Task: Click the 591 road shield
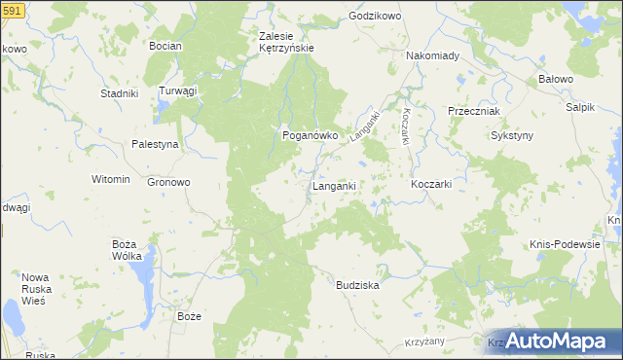click(x=11, y=10)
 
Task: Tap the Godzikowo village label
click(x=376, y=18)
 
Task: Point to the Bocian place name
click(x=162, y=46)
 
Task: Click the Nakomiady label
click(x=432, y=55)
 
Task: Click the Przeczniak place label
click(x=473, y=111)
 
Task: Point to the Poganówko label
click(x=310, y=136)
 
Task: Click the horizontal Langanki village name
click(x=338, y=185)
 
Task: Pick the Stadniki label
click(x=120, y=93)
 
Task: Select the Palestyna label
click(x=156, y=144)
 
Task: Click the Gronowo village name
click(x=168, y=182)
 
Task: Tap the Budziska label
click(x=356, y=286)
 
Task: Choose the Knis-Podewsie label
click(x=565, y=244)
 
